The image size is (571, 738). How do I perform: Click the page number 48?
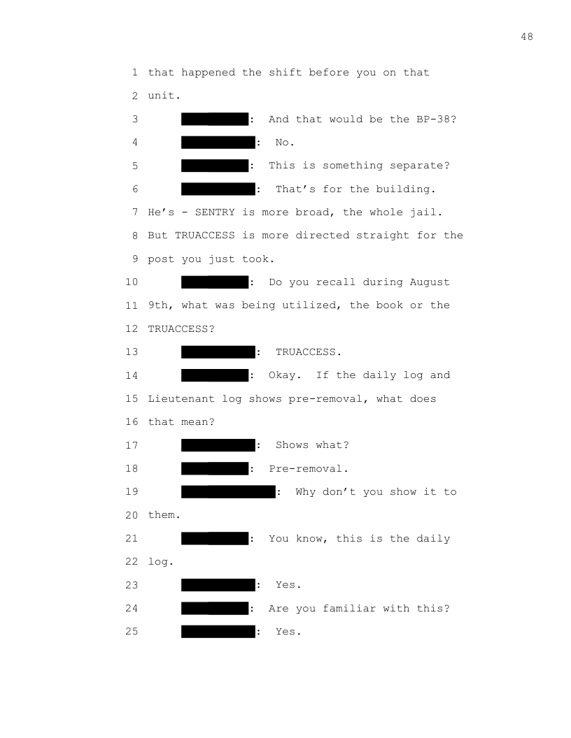(x=527, y=37)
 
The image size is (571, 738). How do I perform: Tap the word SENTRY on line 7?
(x=215, y=212)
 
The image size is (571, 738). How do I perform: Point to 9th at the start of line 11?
(x=158, y=305)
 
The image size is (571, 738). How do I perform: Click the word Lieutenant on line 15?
(x=181, y=398)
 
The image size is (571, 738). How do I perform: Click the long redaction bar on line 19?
(x=229, y=492)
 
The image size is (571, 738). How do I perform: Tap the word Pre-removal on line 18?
(x=306, y=469)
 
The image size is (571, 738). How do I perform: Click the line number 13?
(x=132, y=352)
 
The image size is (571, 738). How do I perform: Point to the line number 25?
(x=132, y=631)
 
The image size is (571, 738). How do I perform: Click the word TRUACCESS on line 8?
(x=205, y=236)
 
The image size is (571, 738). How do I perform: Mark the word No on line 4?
(x=282, y=142)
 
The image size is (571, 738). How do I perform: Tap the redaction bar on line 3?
(x=215, y=119)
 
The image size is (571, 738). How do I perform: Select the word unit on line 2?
(x=161, y=96)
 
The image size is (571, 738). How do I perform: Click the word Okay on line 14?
(x=282, y=375)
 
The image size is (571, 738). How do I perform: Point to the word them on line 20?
(x=161, y=515)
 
